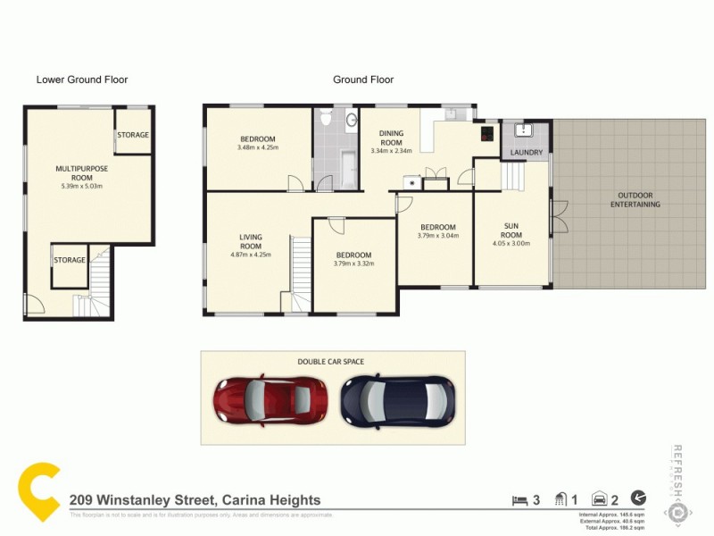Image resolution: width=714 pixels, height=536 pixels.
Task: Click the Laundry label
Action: coord(525,154)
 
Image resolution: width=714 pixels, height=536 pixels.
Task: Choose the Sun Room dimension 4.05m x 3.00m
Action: coord(511,242)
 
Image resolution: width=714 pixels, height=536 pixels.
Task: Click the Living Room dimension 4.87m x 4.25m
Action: coord(250,255)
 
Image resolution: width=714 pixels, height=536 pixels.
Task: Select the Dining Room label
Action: coord(391,138)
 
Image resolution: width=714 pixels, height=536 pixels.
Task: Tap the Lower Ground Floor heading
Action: coord(82,80)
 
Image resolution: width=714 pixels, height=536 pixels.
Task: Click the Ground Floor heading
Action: coord(363,80)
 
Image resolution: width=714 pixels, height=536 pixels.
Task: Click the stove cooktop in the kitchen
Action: coord(486,136)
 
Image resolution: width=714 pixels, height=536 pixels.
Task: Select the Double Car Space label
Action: coord(331,362)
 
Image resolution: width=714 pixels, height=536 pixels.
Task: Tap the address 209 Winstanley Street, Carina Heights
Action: coord(195,501)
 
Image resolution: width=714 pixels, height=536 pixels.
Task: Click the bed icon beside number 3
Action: coord(519,499)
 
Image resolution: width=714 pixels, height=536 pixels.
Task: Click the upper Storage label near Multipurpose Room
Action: coord(132,135)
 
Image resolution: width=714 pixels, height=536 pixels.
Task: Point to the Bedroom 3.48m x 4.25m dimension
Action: coord(258,147)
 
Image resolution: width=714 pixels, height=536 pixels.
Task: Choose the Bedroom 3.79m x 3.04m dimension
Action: coord(439,237)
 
